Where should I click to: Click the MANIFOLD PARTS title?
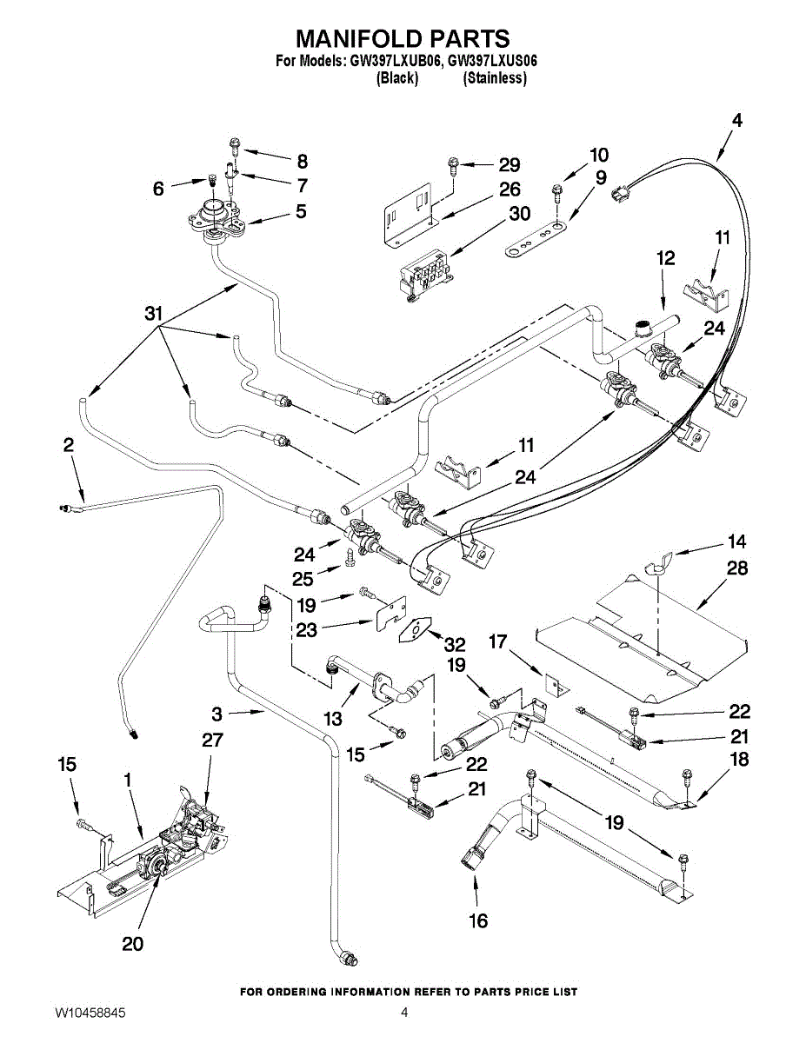point(403,38)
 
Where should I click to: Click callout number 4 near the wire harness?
point(736,122)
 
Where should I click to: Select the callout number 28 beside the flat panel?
point(736,569)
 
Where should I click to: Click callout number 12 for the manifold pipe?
point(665,258)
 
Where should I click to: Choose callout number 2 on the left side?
point(68,445)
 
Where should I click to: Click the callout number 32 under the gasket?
point(454,645)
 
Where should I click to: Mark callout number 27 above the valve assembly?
point(212,741)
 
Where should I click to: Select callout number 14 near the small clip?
point(736,541)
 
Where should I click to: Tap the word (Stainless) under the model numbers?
point(495,78)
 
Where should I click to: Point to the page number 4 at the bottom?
point(404,1013)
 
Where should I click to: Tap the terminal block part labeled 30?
point(424,273)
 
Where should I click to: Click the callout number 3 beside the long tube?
point(217,714)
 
